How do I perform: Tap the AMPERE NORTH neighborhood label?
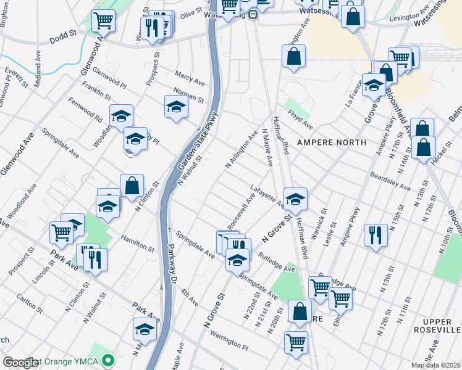[332, 142]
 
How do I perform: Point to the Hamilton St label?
[137, 243]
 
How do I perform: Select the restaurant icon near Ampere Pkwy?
[376, 234]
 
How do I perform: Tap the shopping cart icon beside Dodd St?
[103, 20]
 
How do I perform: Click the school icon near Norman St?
[176, 106]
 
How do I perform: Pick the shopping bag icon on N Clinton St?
[132, 184]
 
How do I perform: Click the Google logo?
[20, 362]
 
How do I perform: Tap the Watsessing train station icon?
[253, 14]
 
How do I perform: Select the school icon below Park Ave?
[145, 329]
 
